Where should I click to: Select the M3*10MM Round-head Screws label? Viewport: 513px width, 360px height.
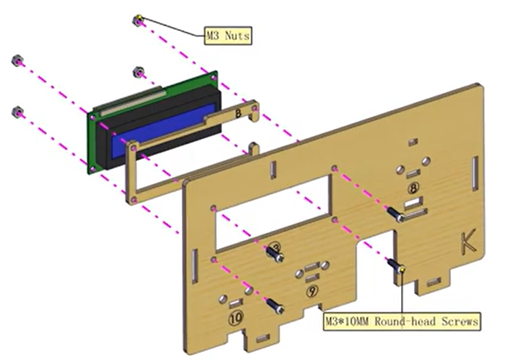pyautogui.click(x=401, y=320)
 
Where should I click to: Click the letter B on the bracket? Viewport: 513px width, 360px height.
pyautogui.click(x=238, y=114)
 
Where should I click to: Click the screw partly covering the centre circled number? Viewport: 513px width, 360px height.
pyautogui.click(x=279, y=255)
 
